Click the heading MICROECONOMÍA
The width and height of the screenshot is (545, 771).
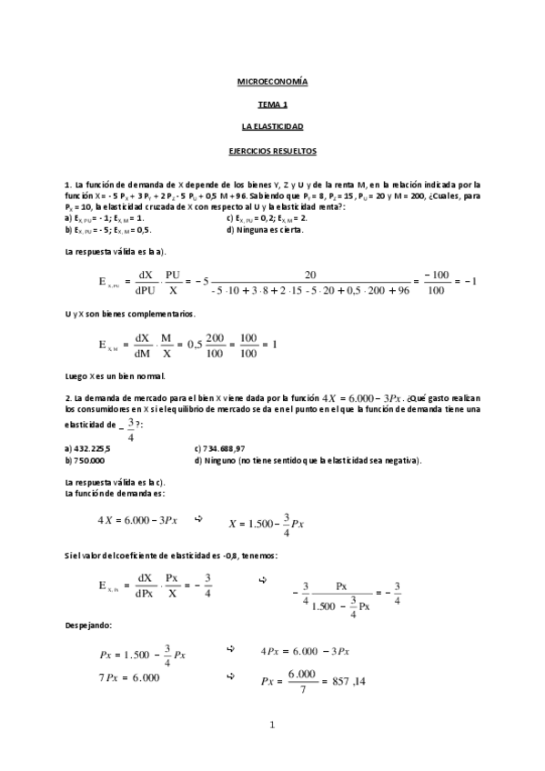(272, 82)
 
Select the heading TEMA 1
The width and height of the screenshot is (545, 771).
(272, 105)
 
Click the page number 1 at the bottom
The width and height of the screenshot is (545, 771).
(272, 725)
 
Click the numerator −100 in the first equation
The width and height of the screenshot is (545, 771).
(438, 275)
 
